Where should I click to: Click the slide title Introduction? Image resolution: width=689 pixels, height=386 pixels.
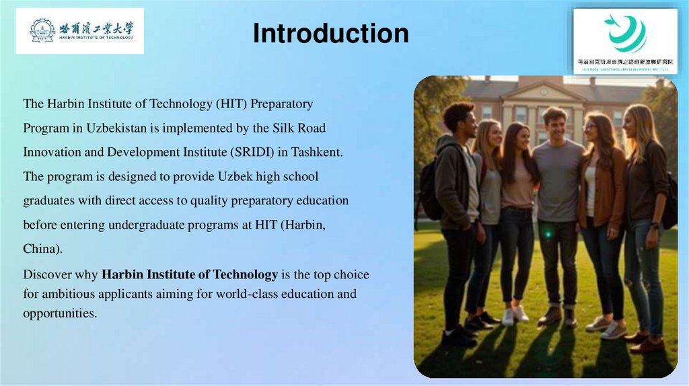pyautogui.click(x=330, y=33)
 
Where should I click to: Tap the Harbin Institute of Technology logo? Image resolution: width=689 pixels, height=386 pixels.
pyautogui.click(x=80, y=30)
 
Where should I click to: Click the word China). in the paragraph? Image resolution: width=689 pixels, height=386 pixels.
pyautogui.click(x=42, y=249)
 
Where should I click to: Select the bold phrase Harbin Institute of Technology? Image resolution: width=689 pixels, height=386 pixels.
pyautogui.click(x=190, y=274)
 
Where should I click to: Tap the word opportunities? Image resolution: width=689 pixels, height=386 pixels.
pyautogui.click(x=60, y=313)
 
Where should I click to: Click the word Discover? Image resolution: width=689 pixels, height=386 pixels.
pyautogui.click(x=46, y=274)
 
